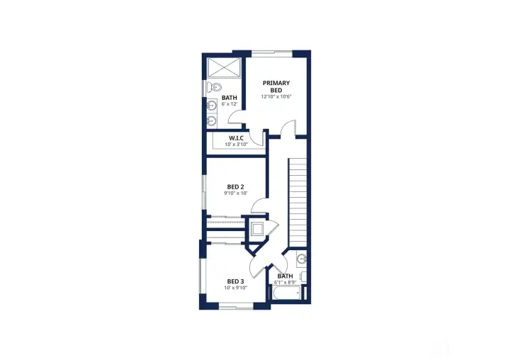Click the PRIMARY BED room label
pos(276,86)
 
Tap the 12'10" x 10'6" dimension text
pos(276,96)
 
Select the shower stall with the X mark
pos(225,68)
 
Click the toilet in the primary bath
pos(214,87)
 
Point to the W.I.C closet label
pos(236,138)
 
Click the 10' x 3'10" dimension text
pos(236,144)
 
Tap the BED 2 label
pos(235,187)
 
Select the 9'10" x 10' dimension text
pos(236,193)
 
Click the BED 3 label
pos(235,281)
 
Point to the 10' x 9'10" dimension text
pos(236,288)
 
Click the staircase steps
pos(297,202)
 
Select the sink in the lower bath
pos(302,259)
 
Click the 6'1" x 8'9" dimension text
pos(285,283)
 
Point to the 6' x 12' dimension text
pos(229,104)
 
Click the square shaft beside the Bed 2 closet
pos(258,229)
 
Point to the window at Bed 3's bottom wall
pos(236,306)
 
